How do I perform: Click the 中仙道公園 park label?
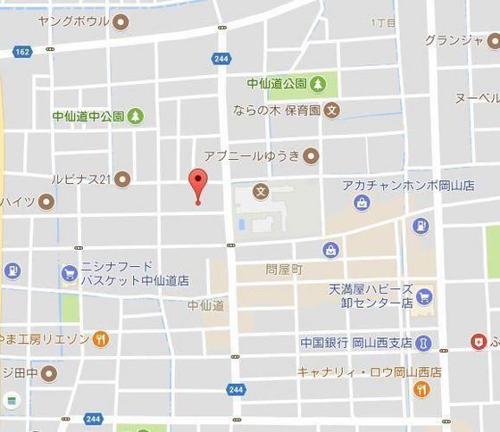pyautogui.click(x=277, y=85)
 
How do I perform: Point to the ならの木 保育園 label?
pyautogui.click(x=278, y=111)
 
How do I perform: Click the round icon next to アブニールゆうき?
pyautogui.click(x=311, y=156)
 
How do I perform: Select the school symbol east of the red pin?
pyautogui.click(x=260, y=190)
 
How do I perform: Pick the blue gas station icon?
pyautogui.click(x=421, y=225)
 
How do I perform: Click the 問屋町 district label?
pyautogui.click(x=284, y=268)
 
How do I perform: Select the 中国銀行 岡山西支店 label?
pyautogui.click(x=355, y=342)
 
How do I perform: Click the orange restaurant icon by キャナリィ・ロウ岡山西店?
pyautogui.click(x=423, y=389)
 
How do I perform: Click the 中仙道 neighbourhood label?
pyautogui.click(x=205, y=305)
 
